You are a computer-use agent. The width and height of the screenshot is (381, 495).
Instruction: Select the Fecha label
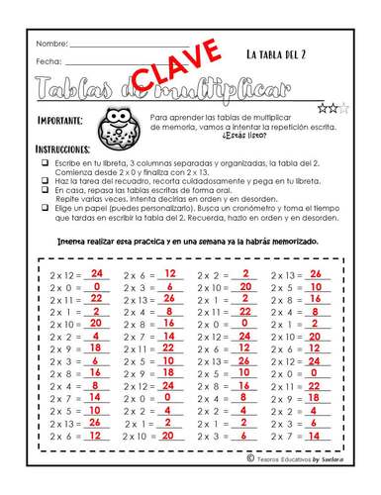point(48,61)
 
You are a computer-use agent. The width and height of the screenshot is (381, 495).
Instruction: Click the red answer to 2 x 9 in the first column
point(96,347)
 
